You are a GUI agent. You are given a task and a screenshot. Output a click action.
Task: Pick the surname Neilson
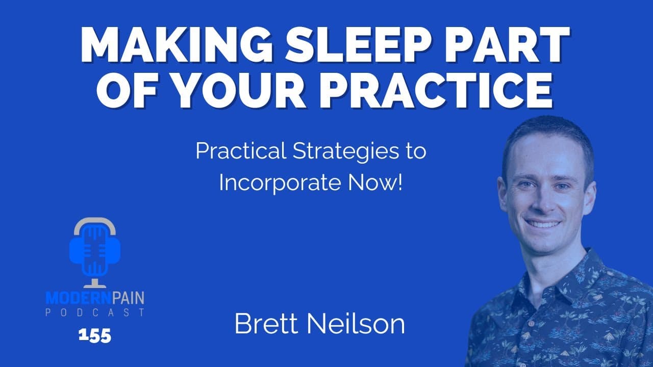pos(357,324)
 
